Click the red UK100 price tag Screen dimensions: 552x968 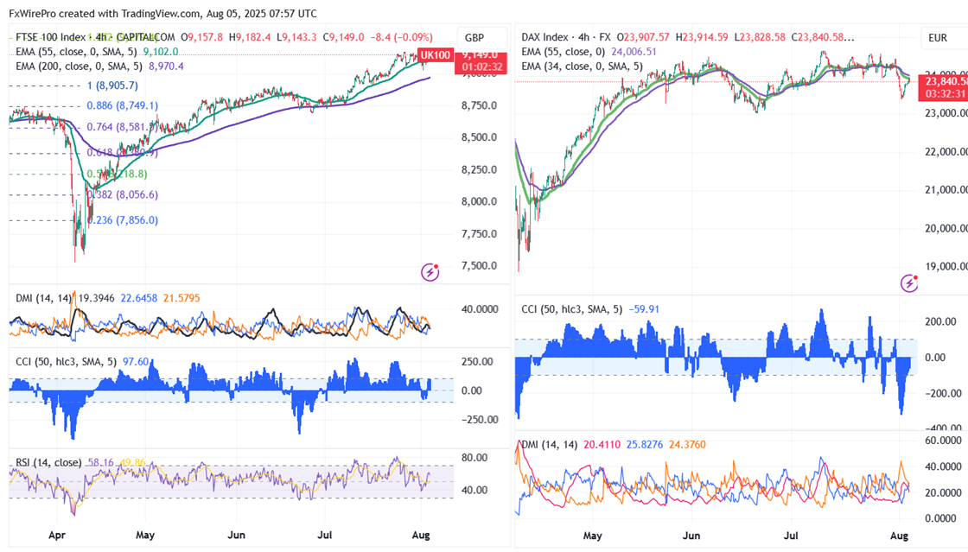click(x=435, y=55)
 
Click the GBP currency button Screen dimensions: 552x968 click(x=474, y=38)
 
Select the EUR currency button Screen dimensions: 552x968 click(x=938, y=38)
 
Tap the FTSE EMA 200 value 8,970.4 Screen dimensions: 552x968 click(x=167, y=66)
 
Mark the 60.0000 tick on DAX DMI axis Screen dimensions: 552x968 click(x=942, y=441)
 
